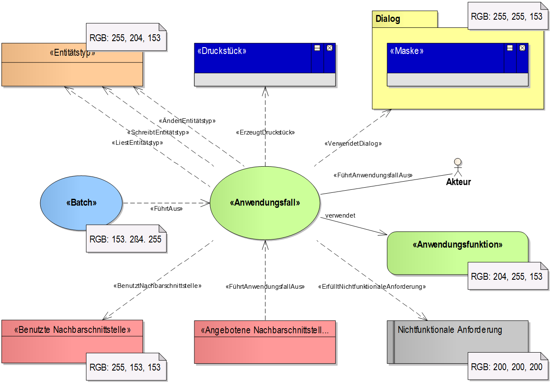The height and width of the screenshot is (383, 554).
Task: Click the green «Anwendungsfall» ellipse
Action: click(265, 203)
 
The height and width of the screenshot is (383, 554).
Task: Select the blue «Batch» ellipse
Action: click(81, 203)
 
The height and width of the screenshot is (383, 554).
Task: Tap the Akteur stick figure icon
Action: click(458, 167)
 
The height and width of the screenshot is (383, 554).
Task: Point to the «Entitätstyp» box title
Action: click(72, 54)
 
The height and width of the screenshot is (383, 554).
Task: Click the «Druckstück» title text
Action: click(222, 51)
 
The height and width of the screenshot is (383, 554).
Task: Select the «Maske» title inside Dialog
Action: click(407, 51)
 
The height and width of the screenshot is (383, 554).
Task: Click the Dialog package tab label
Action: click(388, 19)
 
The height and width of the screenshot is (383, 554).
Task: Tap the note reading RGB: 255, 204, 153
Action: click(125, 38)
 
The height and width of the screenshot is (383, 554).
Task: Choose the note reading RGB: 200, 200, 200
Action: click(506, 367)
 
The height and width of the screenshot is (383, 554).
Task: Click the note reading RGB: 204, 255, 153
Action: click(506, 277)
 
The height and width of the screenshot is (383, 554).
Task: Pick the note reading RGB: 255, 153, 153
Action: click(125, 368)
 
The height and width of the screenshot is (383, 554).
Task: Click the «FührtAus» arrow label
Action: click(167, 209)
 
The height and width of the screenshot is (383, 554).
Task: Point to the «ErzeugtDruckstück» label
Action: click(265, 133)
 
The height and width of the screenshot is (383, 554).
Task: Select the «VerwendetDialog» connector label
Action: click(353, 144)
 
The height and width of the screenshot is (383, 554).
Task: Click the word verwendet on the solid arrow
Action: click(340, 215)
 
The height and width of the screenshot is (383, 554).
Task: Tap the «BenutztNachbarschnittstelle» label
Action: click(157, 285)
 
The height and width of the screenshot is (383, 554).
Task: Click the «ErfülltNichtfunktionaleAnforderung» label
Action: click(372, 287)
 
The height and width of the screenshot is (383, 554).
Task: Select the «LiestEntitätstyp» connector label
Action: click(137, 143)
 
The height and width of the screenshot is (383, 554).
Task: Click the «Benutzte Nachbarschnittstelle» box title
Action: click(72, 330)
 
